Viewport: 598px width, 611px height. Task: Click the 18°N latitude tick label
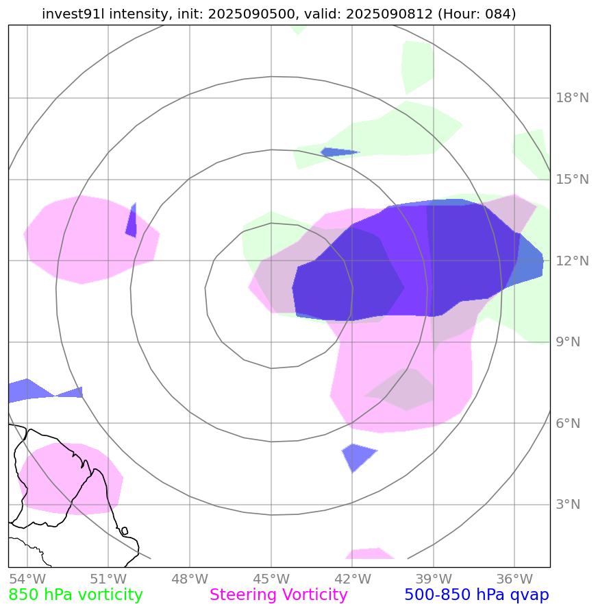click(571, 98)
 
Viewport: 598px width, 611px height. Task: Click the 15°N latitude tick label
click(571, 180)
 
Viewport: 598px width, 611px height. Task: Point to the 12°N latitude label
click(571, 261)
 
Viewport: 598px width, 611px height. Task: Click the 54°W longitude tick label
click(27, 578)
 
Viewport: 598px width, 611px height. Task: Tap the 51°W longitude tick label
click(108, 578)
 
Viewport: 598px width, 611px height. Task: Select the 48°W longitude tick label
click(189, 578)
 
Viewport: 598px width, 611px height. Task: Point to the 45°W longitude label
click(271, 578)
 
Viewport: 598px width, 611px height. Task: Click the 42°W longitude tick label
click(352, 578)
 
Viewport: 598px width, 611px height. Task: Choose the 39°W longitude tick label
click(433, 578)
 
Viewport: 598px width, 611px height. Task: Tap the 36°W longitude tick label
click(514, 578)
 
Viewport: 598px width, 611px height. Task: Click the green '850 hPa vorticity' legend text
click(75, 595)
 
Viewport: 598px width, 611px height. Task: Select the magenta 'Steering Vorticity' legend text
click(279, 595)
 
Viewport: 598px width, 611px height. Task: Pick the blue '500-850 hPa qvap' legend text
click(477, 595)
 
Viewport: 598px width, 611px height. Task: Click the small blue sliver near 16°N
click(338, 152)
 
